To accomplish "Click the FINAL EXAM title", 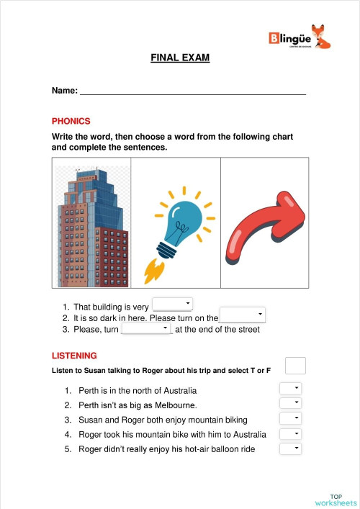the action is (x=180, y=58).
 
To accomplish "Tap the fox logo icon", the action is (x=323, y=37).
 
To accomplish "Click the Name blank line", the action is (x=192, y=91).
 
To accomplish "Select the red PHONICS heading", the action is (x=71, y=121).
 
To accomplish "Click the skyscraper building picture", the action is (x=92, y=222).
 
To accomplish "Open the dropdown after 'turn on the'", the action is (x=243, y=315).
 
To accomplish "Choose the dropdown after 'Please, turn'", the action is (x=147, y=328).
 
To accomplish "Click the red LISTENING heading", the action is (x=74, y=356).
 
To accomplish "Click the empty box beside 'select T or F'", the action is (x=295, y=366).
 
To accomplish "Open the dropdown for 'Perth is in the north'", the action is (x=290, y=389).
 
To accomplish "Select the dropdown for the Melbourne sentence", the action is (x=290, y=404).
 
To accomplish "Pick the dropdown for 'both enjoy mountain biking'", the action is (x=290, y=418).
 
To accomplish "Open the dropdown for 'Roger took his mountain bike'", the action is (x=290, y=433).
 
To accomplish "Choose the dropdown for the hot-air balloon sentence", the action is (x=290, y=449).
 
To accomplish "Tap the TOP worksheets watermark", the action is (x=336, y=500).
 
